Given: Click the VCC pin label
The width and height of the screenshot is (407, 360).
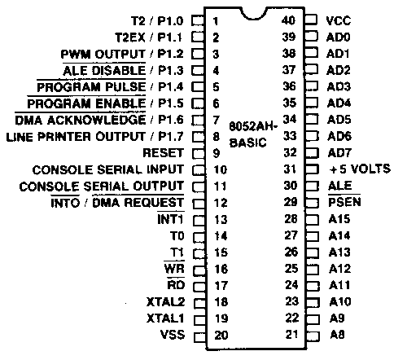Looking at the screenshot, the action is [x=339, y=20].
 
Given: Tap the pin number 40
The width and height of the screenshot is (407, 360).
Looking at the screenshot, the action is [x=288, y=20].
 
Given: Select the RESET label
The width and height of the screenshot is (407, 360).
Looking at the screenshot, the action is [x=163, y=153].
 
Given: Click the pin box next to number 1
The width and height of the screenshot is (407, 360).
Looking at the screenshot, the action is [x=198, y=20].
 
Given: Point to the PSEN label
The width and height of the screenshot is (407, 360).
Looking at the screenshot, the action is [x=344, y=202].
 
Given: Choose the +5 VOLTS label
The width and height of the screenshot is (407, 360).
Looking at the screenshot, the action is [x=360, y=169].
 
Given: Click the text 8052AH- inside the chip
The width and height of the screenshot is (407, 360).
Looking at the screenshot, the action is [x=253, y=126].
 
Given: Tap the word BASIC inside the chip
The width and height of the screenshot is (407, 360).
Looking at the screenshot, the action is [x=247, y=143].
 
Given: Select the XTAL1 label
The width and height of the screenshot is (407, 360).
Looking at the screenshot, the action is [x=165, y=318].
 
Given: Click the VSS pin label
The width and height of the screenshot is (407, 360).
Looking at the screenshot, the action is [x=173, y=335].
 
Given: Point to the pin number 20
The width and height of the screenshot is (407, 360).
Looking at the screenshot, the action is [x=221, y=336].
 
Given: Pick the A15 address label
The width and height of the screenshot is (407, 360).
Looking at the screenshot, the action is [x=339, y=219].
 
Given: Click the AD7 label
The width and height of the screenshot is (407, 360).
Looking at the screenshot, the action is [x=339, y=153].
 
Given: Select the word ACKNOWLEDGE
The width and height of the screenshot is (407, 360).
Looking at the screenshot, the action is [x=96, y=120].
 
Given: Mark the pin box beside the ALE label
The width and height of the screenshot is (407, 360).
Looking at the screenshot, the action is [x=312, y=187].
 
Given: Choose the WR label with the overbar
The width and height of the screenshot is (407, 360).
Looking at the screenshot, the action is [x=174, y=269].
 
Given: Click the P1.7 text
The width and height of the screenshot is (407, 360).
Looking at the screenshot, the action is [x=171, y=137].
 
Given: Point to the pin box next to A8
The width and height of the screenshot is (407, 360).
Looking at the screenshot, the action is [x=313, y=336].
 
